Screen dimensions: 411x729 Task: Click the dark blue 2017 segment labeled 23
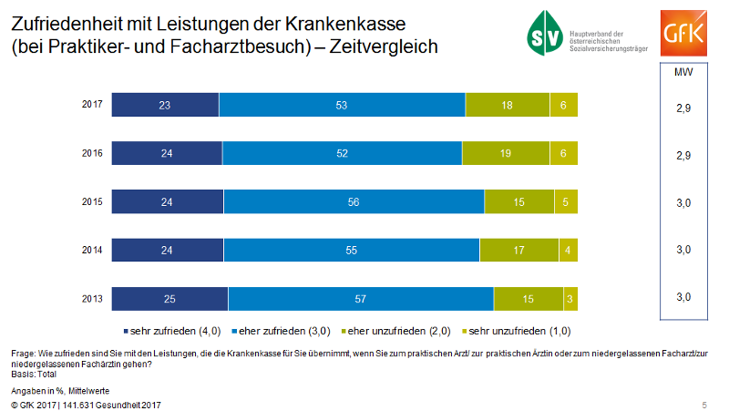(165, 105)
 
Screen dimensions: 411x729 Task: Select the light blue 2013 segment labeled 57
(361, 298)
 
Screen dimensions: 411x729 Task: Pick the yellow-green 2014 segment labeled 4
(568, 250)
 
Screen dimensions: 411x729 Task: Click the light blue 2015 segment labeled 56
(354, 201)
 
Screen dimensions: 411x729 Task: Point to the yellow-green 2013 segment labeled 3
(570, 298)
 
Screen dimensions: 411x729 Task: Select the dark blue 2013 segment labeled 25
(169, 298)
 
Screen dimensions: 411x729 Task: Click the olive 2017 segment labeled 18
(508, 105)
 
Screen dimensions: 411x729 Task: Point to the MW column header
(683, 71)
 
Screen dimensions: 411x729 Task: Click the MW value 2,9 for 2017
(683, 108)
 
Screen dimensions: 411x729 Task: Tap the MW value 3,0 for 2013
(683, 297)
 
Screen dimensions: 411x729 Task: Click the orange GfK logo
(683, 31)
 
